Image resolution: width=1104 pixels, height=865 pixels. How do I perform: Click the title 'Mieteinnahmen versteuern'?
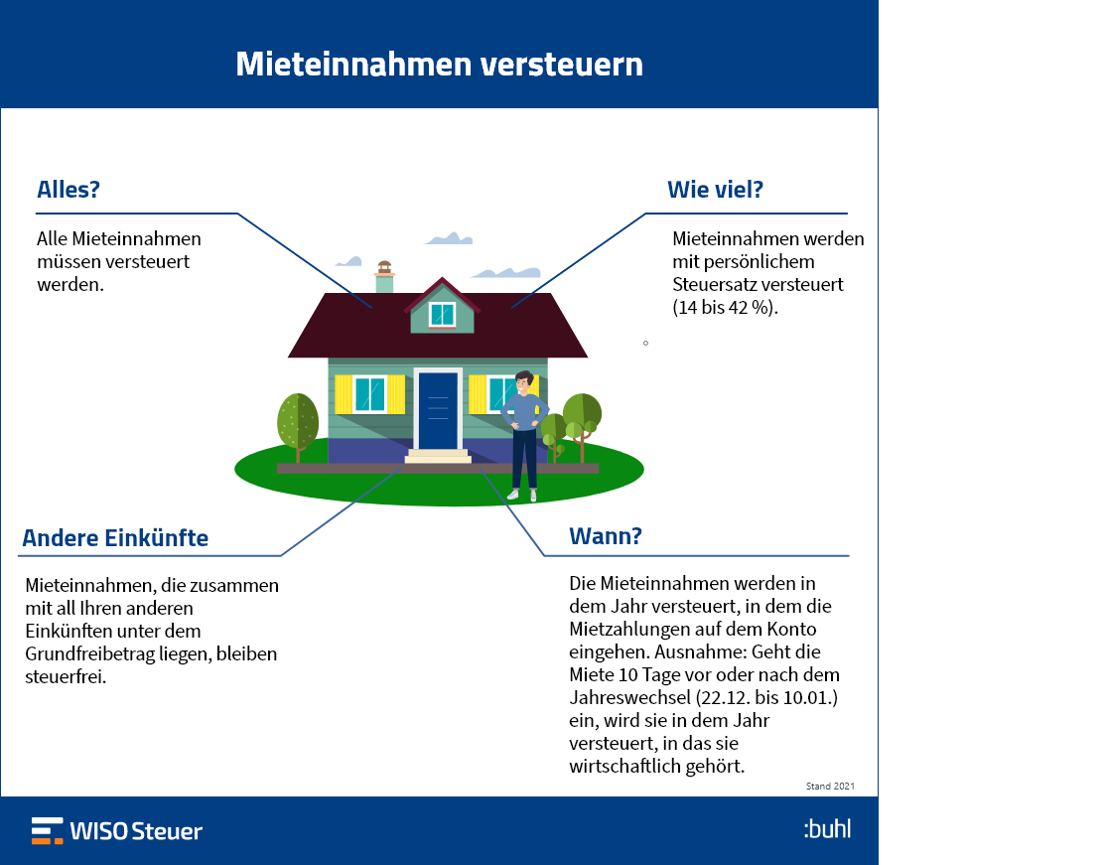(x=440, y=65)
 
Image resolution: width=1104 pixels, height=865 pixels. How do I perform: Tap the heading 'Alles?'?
(x=69, y=190)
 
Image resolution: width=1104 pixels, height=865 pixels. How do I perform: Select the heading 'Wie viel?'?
(x=716, y=190)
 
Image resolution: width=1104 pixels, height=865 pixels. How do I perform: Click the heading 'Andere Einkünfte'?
(x=115, y=538)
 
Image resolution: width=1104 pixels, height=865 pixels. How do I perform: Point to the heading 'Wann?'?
(x=606, y=536)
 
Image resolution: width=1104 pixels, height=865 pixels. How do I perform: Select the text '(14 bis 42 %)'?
(x=725, y=308)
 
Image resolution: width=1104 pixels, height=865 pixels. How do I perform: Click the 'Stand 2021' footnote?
(x=830, y=787)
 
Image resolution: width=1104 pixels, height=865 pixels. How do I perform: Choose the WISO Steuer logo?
(x=117, y=831)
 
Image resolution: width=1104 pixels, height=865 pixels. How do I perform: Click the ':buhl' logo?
(x=827, y=829)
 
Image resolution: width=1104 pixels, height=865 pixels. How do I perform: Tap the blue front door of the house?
(x=438, y=411)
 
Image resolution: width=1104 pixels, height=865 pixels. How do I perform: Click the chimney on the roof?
(x=384, y=277)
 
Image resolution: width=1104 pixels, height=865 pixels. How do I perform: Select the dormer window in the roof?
(x=442, y=314)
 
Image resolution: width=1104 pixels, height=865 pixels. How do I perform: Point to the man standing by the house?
(x=524, y=436)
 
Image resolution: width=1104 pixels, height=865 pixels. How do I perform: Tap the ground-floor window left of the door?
(x=369, y=394)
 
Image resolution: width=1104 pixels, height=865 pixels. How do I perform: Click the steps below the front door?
(x=438, y=457)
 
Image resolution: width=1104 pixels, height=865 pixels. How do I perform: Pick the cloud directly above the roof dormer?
(x=449, y=238)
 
